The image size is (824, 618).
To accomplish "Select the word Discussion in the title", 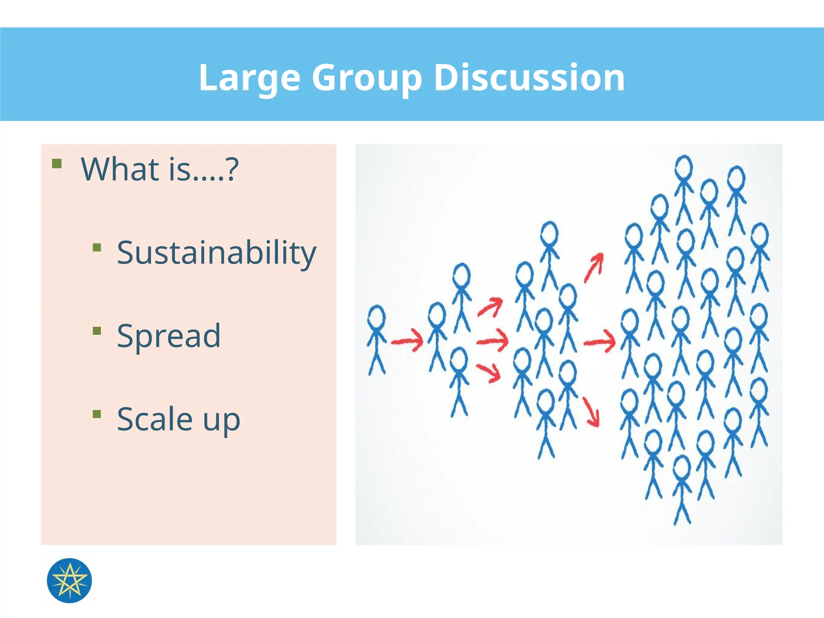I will (x=529, y=77).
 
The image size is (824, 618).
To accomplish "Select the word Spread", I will (x=169, y=336).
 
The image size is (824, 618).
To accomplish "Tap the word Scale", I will (x=154, y=419).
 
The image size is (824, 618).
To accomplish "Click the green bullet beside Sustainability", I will (x=97, y=247).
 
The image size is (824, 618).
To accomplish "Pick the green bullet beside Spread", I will (x=97, y=331).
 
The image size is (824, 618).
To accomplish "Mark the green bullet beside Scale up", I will (x=97, y=414).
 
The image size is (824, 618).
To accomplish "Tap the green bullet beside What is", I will (x=57, y=163).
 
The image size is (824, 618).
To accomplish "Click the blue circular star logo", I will (x=69, y=580).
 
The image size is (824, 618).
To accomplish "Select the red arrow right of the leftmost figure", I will (x=407, y=341).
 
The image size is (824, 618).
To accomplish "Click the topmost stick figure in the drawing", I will (x=684, y=189).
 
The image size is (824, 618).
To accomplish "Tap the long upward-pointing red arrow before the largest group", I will (x=594, y=268).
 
